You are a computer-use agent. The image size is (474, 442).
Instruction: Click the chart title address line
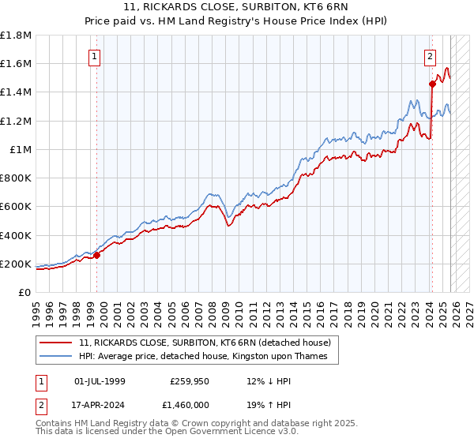tap(236, 7)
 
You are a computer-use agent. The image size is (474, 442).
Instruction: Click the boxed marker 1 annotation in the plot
tap(95, 56)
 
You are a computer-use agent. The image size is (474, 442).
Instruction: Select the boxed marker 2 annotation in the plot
tap(431, 56)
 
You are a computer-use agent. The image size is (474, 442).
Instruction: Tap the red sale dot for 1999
tap(97, 255)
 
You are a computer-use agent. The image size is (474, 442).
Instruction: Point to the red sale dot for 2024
tap(432, 84)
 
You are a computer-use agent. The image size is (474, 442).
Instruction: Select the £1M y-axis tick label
tap(20, 149)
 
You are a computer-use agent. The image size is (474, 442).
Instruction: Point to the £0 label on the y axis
tap(24, 292)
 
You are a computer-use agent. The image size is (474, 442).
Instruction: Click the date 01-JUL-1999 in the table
tap(100, 381)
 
